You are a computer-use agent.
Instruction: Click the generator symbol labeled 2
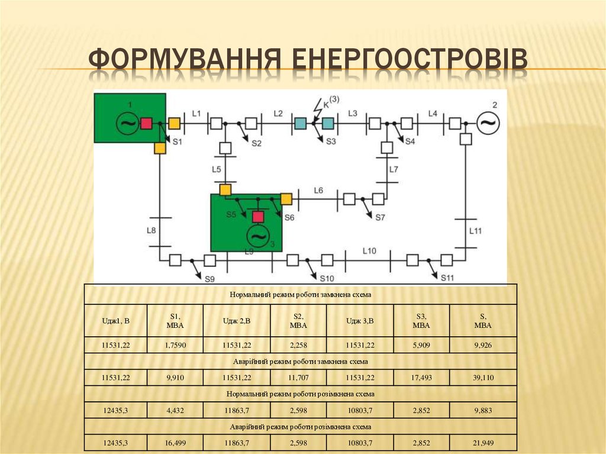click(488, 123)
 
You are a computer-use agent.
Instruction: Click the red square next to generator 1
click(146, 123)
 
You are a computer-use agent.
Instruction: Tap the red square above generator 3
click(257, 217)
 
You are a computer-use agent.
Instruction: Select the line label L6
click(318, 190)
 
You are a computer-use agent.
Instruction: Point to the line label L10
click(369, 251)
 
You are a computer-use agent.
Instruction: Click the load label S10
click(327, 278)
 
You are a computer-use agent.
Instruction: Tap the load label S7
click(380, 217)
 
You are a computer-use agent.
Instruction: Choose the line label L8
click(151, 230)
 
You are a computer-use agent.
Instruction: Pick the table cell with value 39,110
click(483, 377)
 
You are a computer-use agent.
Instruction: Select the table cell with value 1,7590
click(175, 344)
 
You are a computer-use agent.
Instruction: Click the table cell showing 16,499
click(175, 443)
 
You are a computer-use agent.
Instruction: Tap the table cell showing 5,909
click(421, 344)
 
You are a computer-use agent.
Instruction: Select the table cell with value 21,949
click(483, 443)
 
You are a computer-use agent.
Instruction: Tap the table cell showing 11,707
click(298, 377)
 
